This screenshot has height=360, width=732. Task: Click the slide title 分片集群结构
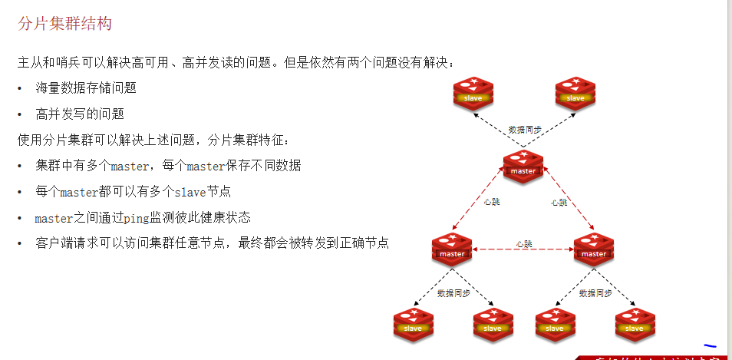pos(64,24)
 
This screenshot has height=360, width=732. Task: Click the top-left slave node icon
pos(473,93)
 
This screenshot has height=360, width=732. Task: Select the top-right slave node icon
pos(575,93)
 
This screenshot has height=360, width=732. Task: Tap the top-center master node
pos(523,166)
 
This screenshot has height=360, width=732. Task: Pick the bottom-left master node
pos(451,249)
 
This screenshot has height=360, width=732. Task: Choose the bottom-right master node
pos(594,249)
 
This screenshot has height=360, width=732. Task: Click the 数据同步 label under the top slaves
pos(525,130)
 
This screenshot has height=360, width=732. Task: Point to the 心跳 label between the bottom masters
pos(524,244)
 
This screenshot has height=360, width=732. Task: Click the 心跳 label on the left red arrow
pos(492,203)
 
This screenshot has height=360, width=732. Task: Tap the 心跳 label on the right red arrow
pos(559,203)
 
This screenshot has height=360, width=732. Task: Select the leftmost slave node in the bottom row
pos(413,323)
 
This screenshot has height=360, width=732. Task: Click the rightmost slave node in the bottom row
pos(635,323)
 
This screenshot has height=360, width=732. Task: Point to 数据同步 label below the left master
pos(453,293)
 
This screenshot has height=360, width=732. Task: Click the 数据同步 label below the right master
pos(595,293)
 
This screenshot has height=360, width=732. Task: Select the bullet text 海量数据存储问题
pos(86,88)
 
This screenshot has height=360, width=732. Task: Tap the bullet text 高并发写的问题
pos(80,114)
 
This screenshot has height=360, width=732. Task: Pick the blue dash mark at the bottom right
pos(710,346)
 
